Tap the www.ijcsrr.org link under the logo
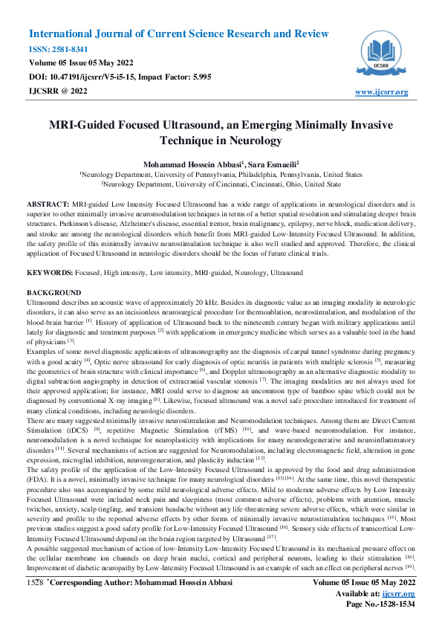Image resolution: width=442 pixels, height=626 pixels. pos(382,91)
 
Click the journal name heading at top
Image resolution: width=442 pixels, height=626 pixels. pos(178,34)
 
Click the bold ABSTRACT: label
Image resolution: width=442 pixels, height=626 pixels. pos(48,203)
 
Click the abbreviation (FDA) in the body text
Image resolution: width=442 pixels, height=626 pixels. pos(38,477)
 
